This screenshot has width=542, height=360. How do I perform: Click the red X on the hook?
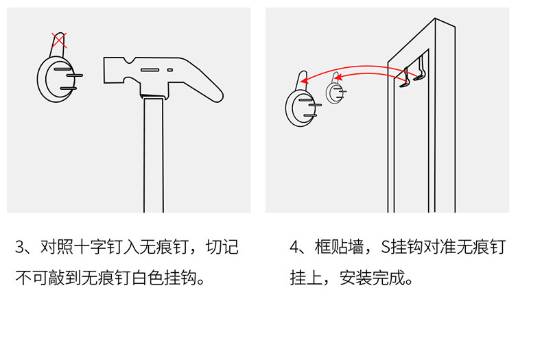pyautogui.click(x=59, y=40)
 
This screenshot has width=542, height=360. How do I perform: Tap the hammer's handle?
pyautogui.click(x=154, y=155)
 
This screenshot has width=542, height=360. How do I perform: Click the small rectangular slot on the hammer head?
pyautogui.click(x=170, y=70)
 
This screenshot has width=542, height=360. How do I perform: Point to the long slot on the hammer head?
pyautogui.click(x=150, y=70)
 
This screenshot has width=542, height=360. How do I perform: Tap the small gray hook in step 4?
pyautogui.click(x=335, y=88)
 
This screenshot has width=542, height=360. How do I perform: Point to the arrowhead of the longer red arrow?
pyautogui.click(x=304, y=80)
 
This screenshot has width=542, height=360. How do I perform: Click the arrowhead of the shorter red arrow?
pyautogui.click(x=338, y=77)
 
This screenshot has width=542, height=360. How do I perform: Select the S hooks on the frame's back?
pyautogui.click(x=412, y=73)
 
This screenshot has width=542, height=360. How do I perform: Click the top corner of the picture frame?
pyautogui.click(x=435, y=19)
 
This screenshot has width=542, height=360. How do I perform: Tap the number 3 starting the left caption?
pyautogui.click(x=20, y=248)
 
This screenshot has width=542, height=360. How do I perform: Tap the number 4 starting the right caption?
pyautogui.click(x=294, y=248)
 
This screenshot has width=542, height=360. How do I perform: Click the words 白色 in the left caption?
pyautogui.click(x=148, y=278)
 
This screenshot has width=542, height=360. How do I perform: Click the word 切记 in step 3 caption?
pyautogui.click(x=222, y=248)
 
